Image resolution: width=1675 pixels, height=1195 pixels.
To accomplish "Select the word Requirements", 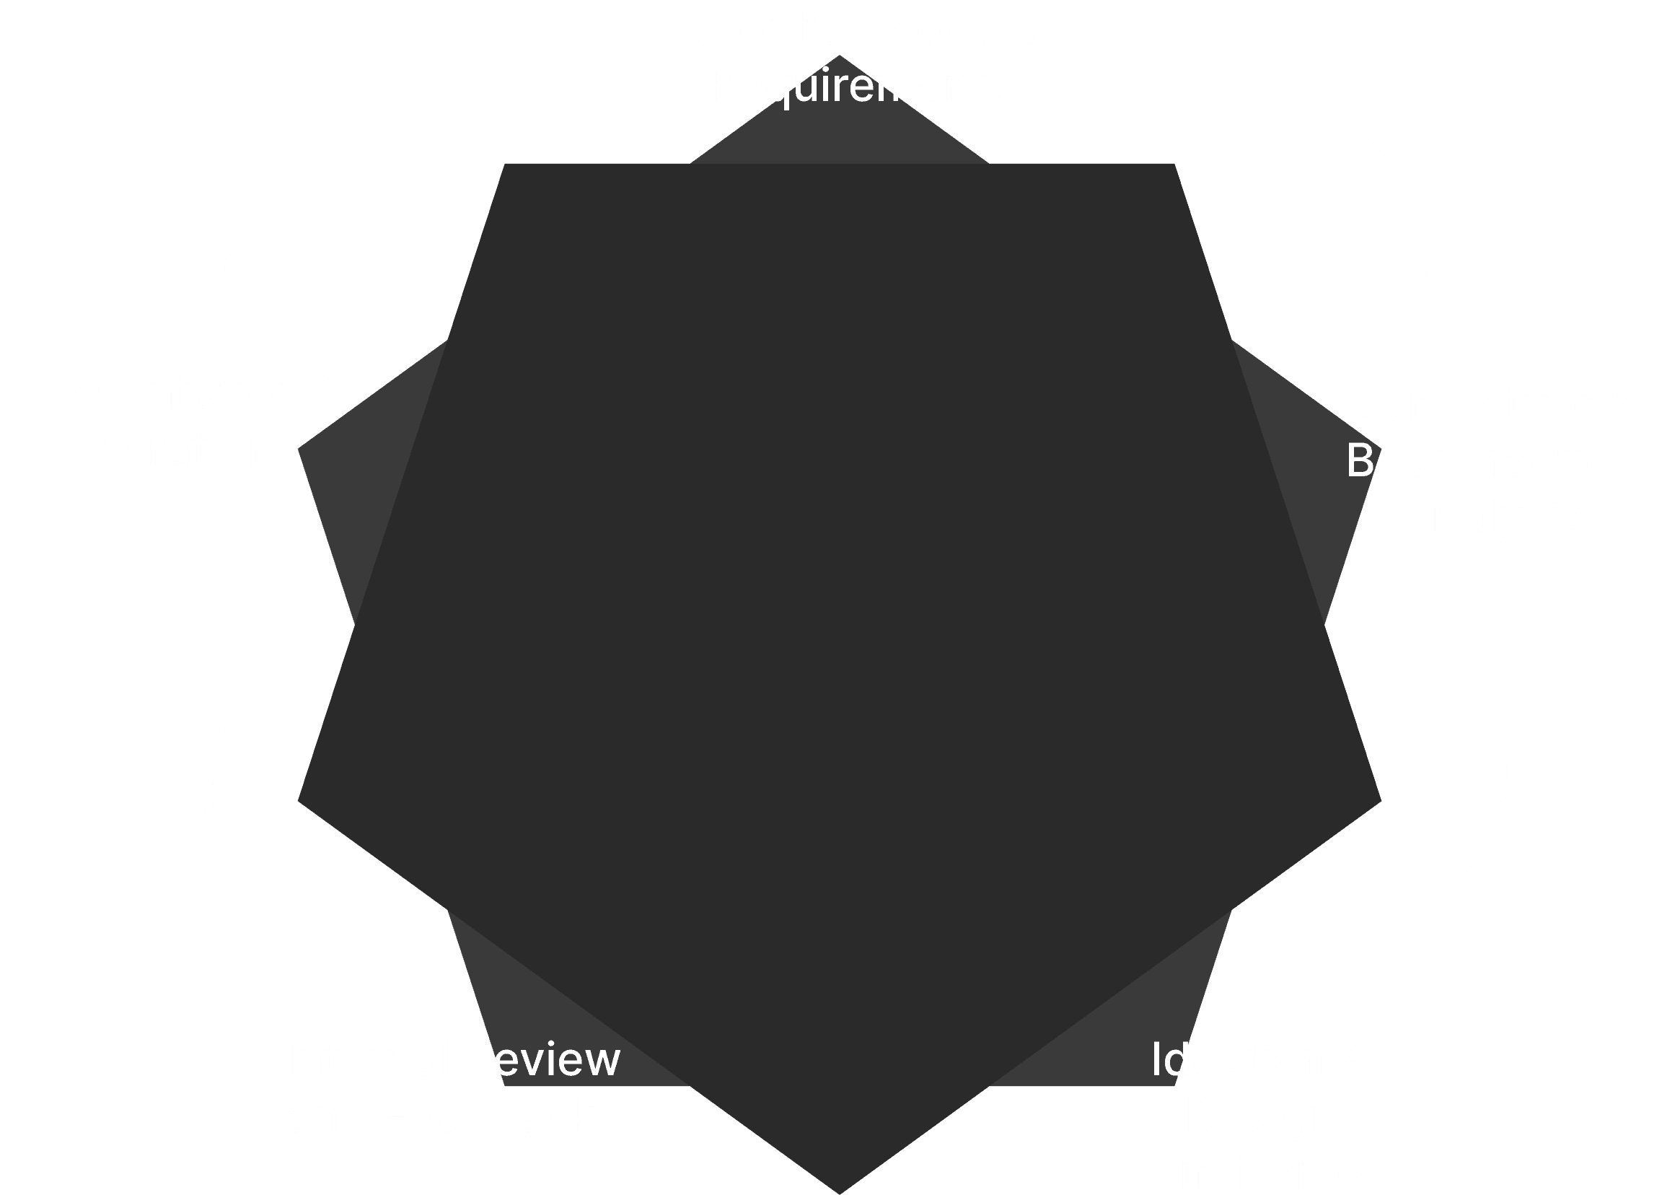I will (x=859, y=86).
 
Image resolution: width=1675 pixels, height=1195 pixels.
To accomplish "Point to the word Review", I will (x=542, y=1059).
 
